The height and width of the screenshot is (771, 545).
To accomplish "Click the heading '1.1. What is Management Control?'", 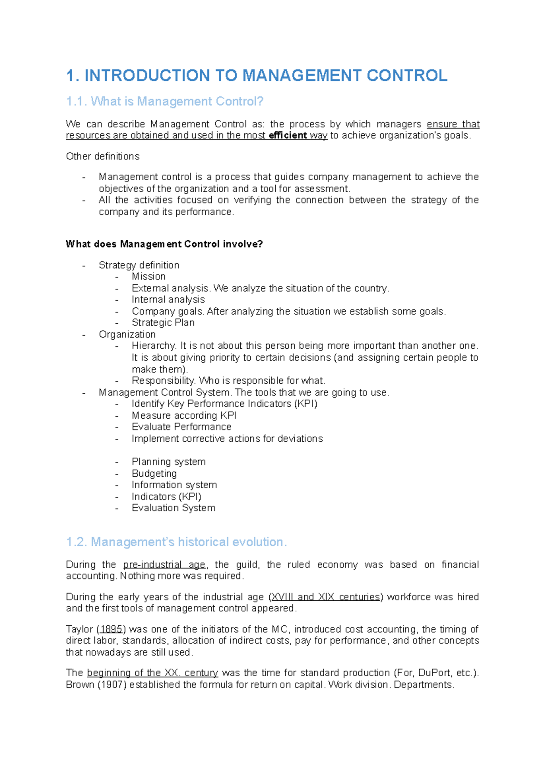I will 164,101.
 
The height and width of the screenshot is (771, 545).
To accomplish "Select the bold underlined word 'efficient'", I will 287,135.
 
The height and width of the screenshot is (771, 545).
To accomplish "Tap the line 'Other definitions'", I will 103,156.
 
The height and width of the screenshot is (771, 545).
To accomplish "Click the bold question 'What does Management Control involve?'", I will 164,244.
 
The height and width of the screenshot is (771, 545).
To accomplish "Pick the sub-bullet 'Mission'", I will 149,277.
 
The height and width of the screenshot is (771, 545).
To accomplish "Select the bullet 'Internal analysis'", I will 168,300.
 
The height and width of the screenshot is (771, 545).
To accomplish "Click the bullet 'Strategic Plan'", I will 163,323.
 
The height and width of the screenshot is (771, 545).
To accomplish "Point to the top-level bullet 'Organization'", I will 127,335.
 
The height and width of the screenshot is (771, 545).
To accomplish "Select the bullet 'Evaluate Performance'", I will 181,427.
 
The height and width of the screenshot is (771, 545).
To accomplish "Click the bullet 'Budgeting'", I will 154,474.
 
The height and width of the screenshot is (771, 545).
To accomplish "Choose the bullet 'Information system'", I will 174,485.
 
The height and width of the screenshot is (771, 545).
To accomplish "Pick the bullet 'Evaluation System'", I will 173,508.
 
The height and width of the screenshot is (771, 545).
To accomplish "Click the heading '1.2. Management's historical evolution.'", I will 176,542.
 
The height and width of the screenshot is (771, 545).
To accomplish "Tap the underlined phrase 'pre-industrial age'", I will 164,565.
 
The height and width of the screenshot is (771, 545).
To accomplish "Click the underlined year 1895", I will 111,629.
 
